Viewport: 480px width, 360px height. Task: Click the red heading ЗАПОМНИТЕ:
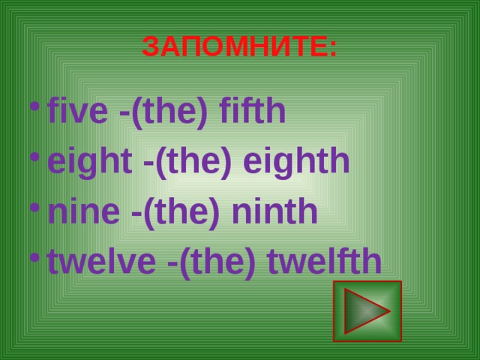pos(239,47)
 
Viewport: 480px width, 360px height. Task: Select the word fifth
pos(252,112)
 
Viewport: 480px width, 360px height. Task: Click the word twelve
pos(99,261)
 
